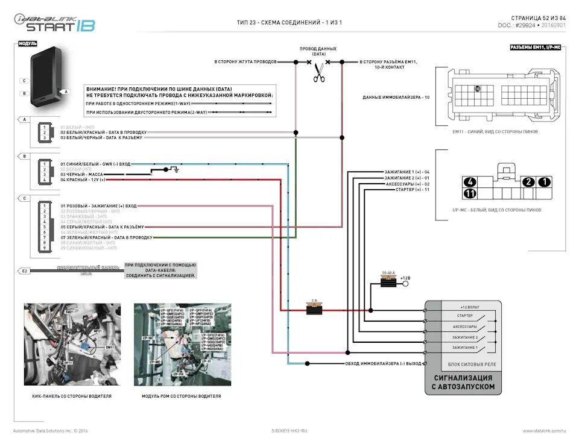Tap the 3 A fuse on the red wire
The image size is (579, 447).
pyautogui.click(x=314, y=310)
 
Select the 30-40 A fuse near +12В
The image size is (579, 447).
pyautogui.click(x=389, y=282)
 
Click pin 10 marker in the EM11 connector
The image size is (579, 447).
pyautogui.click(x=477, y=89)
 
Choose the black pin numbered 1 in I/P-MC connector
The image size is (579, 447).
pyautogui.click(x=544, y=182)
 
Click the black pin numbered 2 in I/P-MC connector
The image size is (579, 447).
pyautogui.click(x=528, y=182)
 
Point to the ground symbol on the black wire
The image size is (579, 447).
pyautogui.click(x=175, y=170)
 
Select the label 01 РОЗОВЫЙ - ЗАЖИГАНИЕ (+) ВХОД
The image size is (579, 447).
pyautogui.click(x=98, y=206)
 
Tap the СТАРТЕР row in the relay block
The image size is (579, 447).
pyautogui.click(x=465, y=316)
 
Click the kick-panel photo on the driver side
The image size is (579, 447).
pyautogui.click(x=72, y=345)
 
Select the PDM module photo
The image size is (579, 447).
pyautogui.click(x=182, y=345)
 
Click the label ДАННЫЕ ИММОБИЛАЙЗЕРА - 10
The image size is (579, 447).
pyautogui.click(x=396, y=97)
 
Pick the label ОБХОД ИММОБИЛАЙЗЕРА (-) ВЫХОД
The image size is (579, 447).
pyautogui.click(x=383, y=363)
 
